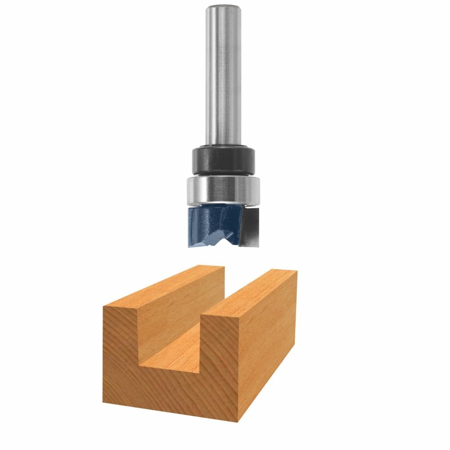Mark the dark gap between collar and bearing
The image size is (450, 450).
[223, 175]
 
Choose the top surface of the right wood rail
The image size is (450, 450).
[252, 292]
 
